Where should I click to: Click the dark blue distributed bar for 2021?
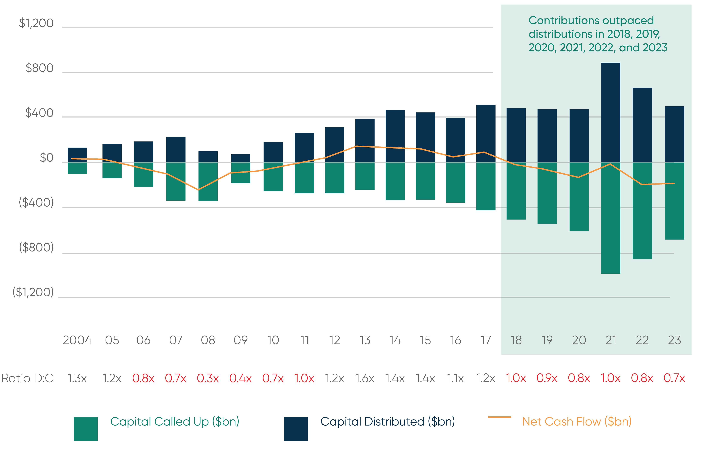[611, 112]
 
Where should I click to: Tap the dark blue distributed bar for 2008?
[208, 157]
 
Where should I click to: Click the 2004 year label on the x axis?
[77, 340]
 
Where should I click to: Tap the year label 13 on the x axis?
[365, 340]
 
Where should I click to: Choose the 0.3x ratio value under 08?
[208, 378]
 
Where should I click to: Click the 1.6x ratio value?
[365, 378]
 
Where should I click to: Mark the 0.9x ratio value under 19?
[547, 378]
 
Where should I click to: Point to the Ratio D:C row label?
[27, 378]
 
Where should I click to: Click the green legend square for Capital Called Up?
[85, 429]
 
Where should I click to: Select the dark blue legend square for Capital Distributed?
[296, 429]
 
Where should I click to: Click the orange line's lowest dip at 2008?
[198, 190]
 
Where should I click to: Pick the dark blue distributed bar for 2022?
[642, 125]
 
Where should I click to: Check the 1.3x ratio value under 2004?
[77, 378]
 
